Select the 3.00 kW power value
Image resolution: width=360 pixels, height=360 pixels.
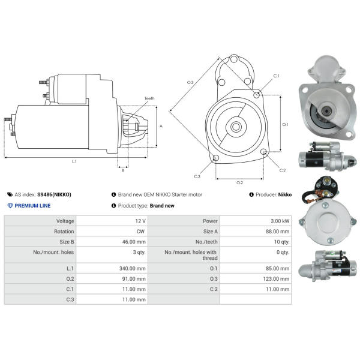coord(278,221)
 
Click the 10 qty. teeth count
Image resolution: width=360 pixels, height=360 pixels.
coord(281,242)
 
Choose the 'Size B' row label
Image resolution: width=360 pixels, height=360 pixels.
coord(65,242)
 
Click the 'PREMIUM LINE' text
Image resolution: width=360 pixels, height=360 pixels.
coord(32,206)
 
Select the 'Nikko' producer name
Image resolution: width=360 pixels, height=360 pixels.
coord(284,195)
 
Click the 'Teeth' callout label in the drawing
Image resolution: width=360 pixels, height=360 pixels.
coord(149,98)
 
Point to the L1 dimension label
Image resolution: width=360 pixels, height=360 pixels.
coord(74,161)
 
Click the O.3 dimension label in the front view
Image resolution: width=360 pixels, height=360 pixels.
coord(190,82)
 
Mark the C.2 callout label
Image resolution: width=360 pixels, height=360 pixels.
coord(283,170)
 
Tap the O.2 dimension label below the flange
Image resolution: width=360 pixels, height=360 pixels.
coord(239,182)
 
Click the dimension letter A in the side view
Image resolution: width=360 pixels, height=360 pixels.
coord(160,126)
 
